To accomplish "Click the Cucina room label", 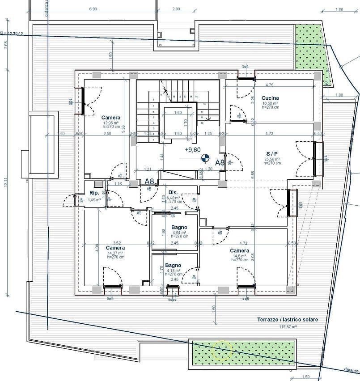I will (270, 98).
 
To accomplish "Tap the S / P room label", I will (272, 153).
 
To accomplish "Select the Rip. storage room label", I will (94, 193).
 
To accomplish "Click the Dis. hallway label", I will (173, 193).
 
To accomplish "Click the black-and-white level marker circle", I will (205, 157).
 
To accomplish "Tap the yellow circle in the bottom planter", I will (222, 351).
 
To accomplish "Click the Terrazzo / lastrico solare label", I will (288, 320).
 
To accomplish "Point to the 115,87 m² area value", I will (288, 327).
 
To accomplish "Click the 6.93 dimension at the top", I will (93, 9).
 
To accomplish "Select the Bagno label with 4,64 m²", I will (173, 228).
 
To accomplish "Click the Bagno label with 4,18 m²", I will (173, 265).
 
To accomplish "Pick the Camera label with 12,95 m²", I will (111, 118).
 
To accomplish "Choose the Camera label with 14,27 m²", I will (115, 248).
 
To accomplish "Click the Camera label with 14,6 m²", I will (240, 251).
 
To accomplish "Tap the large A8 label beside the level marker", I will (220, 163).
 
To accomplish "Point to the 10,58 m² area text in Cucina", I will (270, 103).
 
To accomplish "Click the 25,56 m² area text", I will (272, 159).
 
